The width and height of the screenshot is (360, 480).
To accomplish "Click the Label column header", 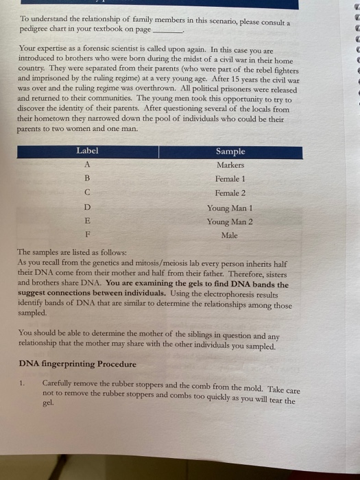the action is [87, 151].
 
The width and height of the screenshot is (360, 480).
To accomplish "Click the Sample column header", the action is [230, 152].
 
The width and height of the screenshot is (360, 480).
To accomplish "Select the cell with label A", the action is [87, 165].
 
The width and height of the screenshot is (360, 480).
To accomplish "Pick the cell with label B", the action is [87, 179].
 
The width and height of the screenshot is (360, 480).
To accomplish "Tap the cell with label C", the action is [87, 193].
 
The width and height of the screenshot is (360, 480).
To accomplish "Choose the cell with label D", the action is [87, 208].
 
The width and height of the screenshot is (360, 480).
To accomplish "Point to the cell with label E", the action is [87, 221].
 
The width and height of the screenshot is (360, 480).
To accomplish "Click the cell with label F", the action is [87, 235].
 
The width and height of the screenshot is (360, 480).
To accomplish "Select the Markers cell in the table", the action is [230, 165].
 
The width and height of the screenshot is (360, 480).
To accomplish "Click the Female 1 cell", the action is [230, 179].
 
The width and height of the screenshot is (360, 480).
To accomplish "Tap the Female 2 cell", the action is [230, 193].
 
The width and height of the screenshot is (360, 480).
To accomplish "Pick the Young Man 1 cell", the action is [230, 208].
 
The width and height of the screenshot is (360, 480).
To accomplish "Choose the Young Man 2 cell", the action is [230, 221].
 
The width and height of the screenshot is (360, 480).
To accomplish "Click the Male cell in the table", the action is [230, 235].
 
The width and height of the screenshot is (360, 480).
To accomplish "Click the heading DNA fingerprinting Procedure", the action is [77, 363].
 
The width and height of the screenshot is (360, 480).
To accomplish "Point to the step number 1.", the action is [23, 382].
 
